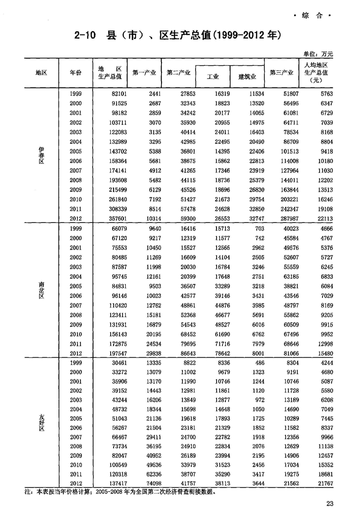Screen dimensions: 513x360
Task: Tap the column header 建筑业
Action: click(247, 77)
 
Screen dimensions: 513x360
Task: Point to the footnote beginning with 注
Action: click(119, 492)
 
